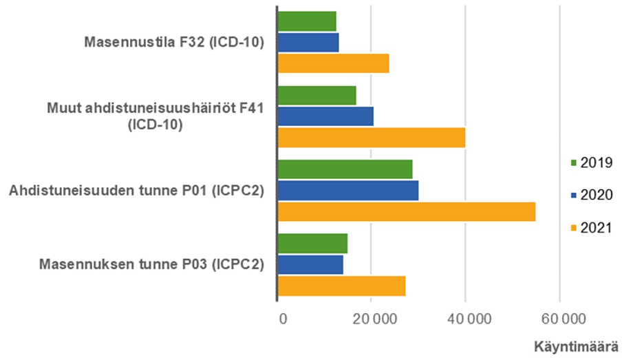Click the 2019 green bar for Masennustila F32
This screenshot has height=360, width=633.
307,21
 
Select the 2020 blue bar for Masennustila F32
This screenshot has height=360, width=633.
308,43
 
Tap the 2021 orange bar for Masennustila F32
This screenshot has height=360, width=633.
333,63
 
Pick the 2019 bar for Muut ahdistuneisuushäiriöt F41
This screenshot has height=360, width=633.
316,96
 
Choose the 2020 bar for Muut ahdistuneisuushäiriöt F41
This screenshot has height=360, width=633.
325,116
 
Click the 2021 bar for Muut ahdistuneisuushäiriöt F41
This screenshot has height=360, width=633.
372,138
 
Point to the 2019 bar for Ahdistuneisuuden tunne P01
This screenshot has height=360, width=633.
345,169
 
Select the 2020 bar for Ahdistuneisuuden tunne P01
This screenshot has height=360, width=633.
348,191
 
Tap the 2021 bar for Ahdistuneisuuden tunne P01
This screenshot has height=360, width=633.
406,211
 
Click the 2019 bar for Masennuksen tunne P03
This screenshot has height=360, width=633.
312,244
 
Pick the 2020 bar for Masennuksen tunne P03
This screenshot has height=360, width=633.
310,264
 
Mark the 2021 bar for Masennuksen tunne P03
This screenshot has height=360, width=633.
341,286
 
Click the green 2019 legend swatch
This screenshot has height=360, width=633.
573,163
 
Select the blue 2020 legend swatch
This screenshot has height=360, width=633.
573,195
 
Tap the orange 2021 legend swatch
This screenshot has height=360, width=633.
573,228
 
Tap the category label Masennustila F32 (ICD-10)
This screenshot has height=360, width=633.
174,43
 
